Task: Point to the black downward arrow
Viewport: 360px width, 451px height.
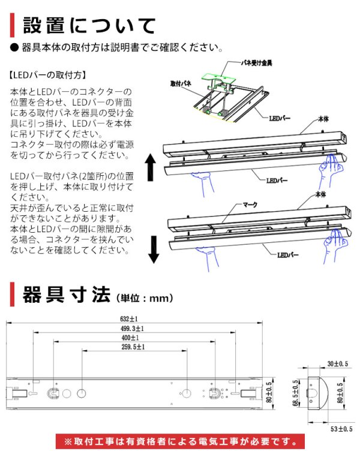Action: (x=153, y=249)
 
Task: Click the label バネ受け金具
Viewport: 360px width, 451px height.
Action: (x=253, y=62)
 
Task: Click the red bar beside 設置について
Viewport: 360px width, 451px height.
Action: (x=13, y=26)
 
